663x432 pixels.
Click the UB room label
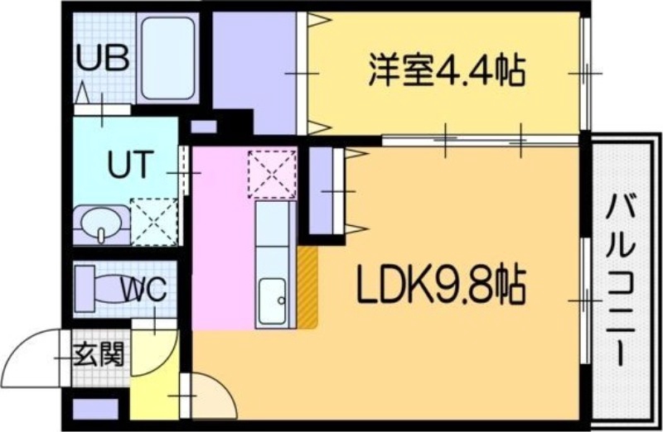coord(103,59)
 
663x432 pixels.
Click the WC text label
coord(145,290)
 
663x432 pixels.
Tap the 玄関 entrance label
coord(99,356)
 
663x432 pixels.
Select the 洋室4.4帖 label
coord(446,72)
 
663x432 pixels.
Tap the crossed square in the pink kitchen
coord(272,173)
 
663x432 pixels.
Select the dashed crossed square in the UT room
coord(153,221)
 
